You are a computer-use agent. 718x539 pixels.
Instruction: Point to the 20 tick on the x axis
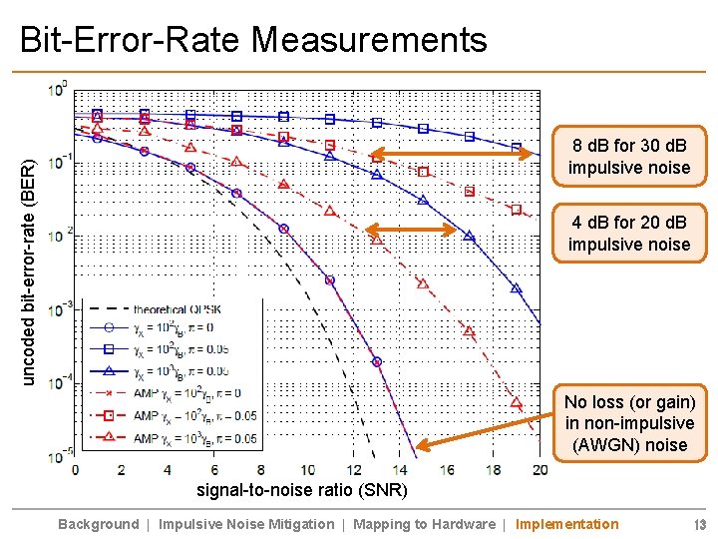coord(539,469)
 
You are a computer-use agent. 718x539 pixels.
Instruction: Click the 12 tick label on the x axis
coord(354,469)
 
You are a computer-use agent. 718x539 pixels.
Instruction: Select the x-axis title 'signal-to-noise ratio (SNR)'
coord(299,490)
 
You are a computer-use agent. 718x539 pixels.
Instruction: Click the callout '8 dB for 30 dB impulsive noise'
coord(628,156)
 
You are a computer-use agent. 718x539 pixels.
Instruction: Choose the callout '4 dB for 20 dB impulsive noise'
coord(628,233)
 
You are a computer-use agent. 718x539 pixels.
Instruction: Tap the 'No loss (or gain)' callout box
coord(628,423)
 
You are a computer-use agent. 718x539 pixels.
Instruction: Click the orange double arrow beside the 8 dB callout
coord(446,155)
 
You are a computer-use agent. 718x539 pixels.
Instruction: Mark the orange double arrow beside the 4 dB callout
coord(411,230)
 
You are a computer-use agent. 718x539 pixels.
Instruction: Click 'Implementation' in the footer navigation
coord(566,524)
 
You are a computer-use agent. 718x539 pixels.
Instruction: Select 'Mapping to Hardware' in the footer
coord(424,524)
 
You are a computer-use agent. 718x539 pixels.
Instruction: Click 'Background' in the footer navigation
coord(98,524)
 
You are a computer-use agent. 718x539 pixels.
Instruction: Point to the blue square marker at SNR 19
coord(517,148)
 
